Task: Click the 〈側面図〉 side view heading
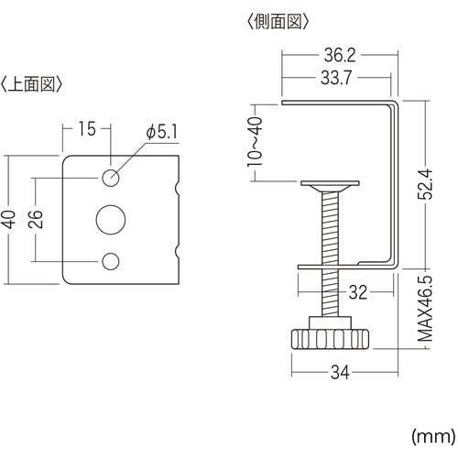pyautogui.click(x=277, y=19)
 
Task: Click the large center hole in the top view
pyautogui.click(x=110, y=220)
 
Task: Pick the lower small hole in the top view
pyautogui.click(x=110, y=262)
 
